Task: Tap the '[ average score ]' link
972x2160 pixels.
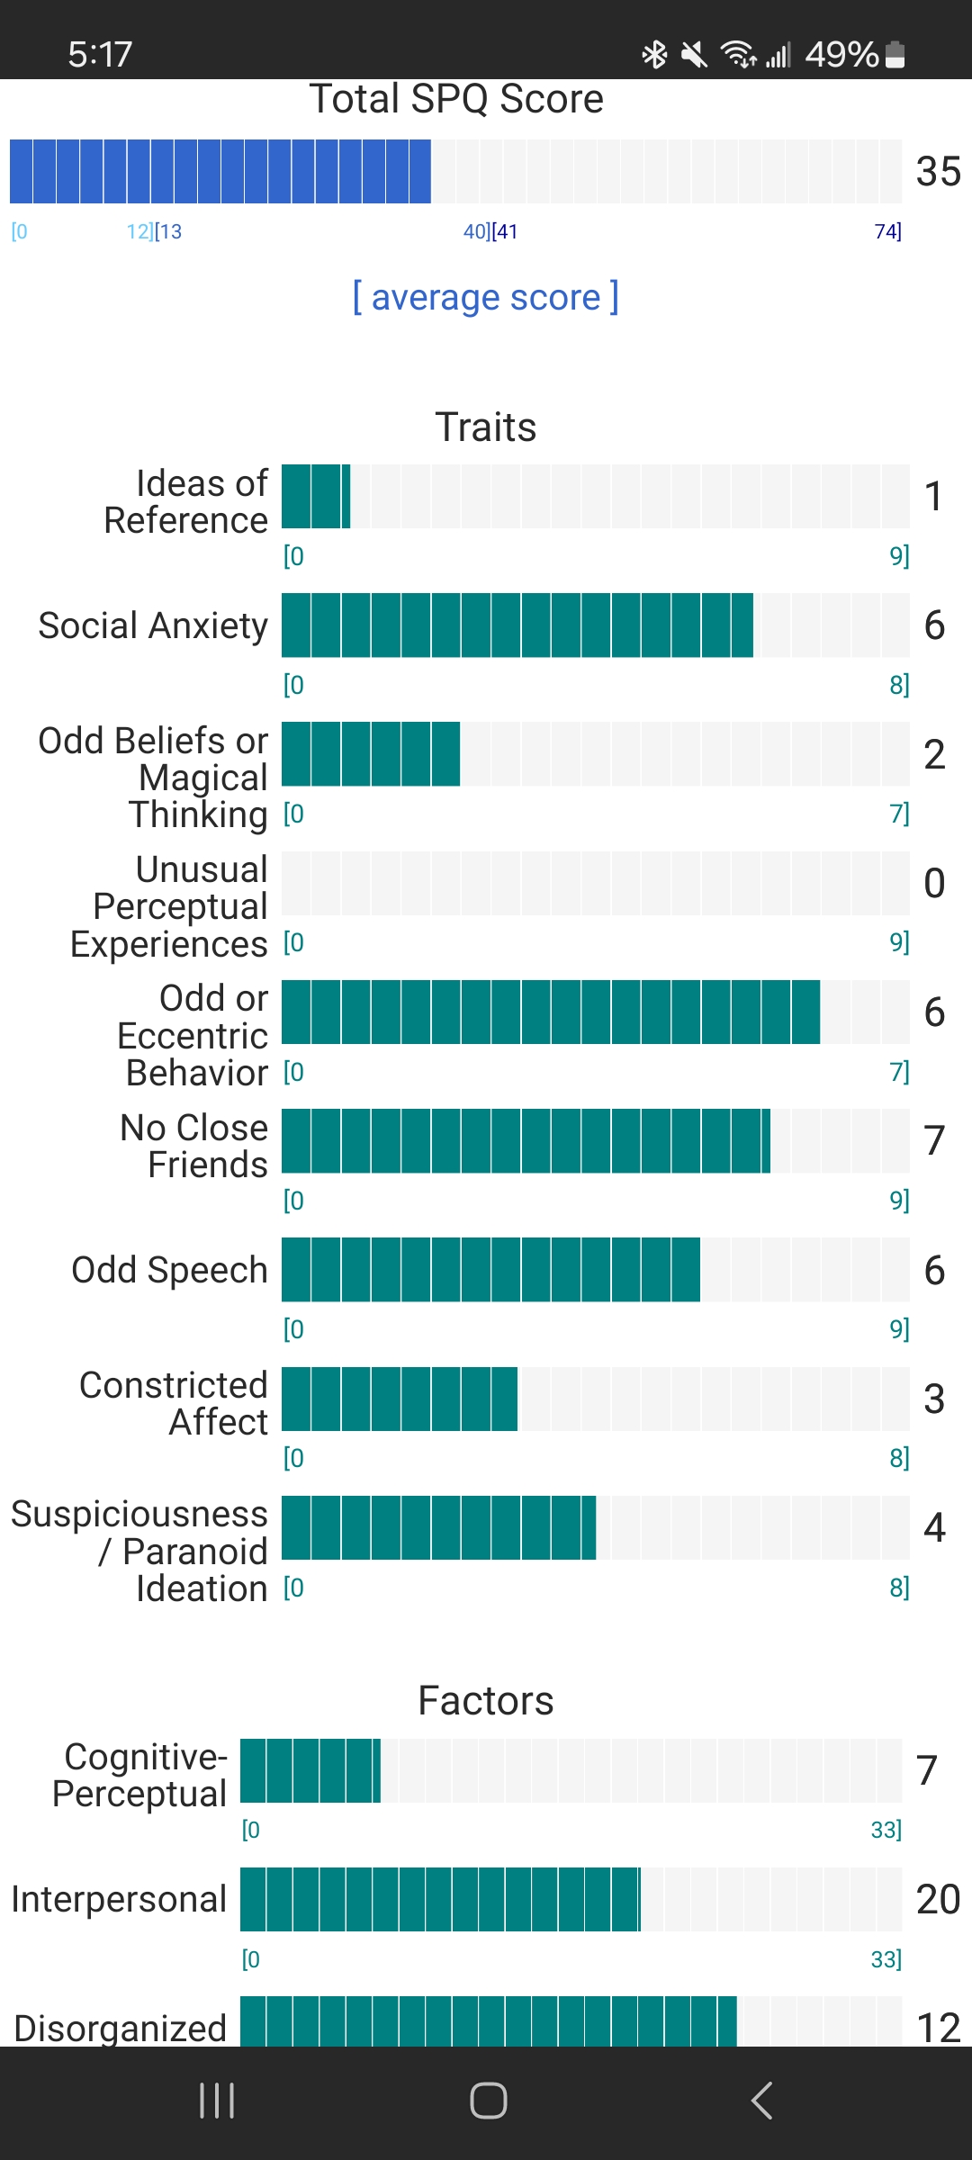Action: (x=485, y=297)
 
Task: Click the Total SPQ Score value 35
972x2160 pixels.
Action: (x=938, y=171)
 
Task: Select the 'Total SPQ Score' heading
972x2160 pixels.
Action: (x=456, y=99)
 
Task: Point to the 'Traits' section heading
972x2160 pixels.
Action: (x=485, y=427)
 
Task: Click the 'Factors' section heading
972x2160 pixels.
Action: (x=485, y=1701)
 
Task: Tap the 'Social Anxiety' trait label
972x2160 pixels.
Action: (x=153, y=625)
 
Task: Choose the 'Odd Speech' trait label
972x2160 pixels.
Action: (x=169, y=1270)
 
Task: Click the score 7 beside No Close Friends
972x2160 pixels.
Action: (x=934, y=1140)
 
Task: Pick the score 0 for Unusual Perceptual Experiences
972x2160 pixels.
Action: (x=934, y=883)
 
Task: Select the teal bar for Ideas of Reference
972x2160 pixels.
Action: (x=316, y=496)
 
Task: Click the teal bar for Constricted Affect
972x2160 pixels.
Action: (x=400, y=1399)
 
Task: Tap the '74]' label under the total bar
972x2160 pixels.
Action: (x=887, y=231)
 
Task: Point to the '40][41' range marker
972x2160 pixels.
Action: (x=490, y=231)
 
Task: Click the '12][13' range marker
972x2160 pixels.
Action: (x=154, y=231)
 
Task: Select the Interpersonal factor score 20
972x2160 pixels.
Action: (x=938, y=1899)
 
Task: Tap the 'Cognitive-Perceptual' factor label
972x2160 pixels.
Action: (x=140, y=1775)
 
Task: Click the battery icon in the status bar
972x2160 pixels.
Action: (x=895, y=55)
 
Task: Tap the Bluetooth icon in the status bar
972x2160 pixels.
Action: (x=654, y=55)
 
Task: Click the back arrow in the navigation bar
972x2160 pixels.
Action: (x=761, y=2101)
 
